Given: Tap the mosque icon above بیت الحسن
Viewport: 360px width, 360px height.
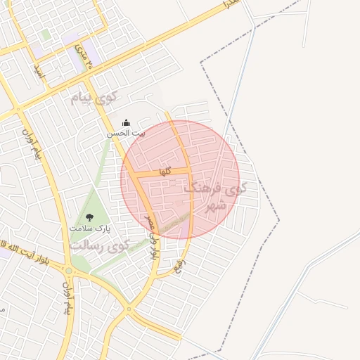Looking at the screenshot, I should point(126,122).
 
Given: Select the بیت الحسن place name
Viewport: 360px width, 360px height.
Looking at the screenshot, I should point(126,133).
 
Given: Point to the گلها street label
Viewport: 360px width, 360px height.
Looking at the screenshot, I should point(165,171).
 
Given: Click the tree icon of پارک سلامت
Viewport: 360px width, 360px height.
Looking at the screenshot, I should point(89,217).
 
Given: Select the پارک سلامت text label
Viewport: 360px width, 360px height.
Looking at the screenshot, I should point(90,229).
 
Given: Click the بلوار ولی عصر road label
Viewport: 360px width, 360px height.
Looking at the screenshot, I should point(151,240).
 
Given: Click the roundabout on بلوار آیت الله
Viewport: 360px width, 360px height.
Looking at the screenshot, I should point(69,271).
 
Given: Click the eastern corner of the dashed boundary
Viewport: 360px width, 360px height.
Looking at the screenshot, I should point(279,221).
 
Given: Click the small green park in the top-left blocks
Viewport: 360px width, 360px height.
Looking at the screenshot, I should point(46,34).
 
